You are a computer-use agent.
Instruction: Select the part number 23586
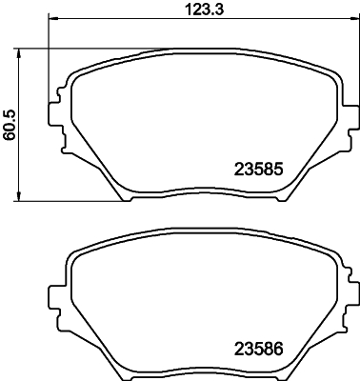(x=260, y=348)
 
